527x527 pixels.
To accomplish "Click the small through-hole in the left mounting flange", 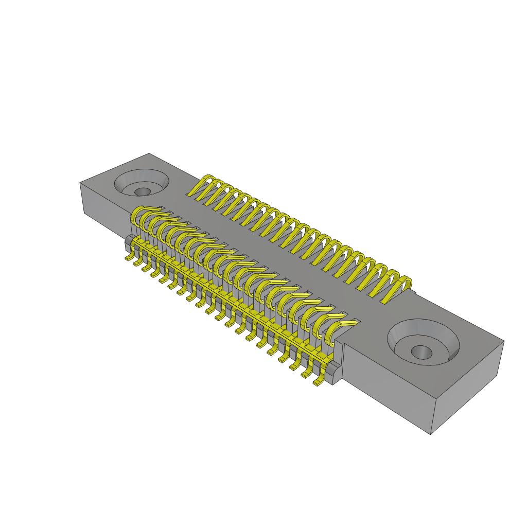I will pyautogui.click(x=143, y=191).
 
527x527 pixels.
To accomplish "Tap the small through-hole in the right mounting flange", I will pyautogui.click(x=421, y=352).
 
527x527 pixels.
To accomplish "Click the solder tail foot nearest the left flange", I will pyautogui.click(x=129, y=258).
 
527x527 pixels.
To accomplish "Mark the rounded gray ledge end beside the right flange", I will pyautogui.click(x=336, y=372).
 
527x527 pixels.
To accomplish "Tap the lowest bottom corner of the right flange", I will pyautogui.click(x=430, y=434).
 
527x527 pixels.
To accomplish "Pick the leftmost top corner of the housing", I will pyautogui.click(x=80, y=183).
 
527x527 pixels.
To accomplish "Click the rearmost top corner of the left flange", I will pyautogui.click(x=149, y=153).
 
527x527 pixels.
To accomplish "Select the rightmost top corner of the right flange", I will pyautogui.click(x=503, y=341).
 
